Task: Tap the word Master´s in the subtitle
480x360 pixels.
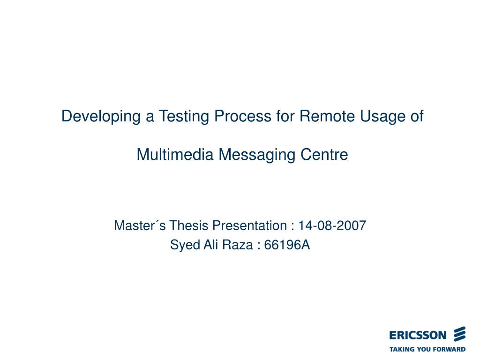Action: [140, 226]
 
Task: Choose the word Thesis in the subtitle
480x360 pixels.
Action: [189, 226]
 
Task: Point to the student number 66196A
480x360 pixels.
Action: [287, 245]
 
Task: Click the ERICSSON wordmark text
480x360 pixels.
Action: [418, 335]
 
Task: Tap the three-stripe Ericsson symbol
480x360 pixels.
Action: [459, 334]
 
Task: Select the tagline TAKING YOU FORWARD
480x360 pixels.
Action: [427, 349]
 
